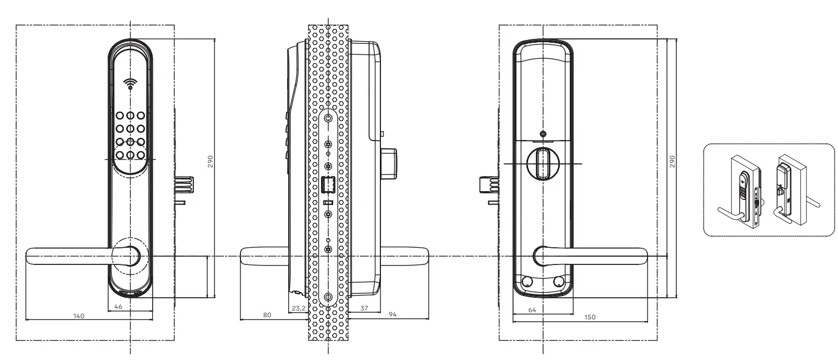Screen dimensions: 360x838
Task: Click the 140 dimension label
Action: click(x=79, y=316)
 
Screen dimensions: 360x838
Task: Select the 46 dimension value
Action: click(x=118, y=306)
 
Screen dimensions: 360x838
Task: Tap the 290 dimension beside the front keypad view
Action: click(x=210, y=161)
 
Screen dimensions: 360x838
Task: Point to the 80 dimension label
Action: click(x=267, y=315)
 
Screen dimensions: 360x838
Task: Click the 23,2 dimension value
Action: click(x=298, y=306)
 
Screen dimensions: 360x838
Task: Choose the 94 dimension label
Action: click(x=392, y=315)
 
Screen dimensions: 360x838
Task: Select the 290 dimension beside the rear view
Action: click(x=672, y=161)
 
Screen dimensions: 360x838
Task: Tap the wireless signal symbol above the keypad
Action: click(x=130, y=84)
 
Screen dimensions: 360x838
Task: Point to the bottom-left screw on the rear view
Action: click(x=525, y=282)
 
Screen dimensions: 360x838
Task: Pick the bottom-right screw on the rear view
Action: click(x=558, y=282)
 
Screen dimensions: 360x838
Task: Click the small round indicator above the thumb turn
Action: click(x=543, y=133)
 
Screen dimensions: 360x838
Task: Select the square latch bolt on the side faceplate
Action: click(x=328, y=184)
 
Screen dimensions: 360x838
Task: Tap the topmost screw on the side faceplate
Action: click(x=328, y=118)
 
